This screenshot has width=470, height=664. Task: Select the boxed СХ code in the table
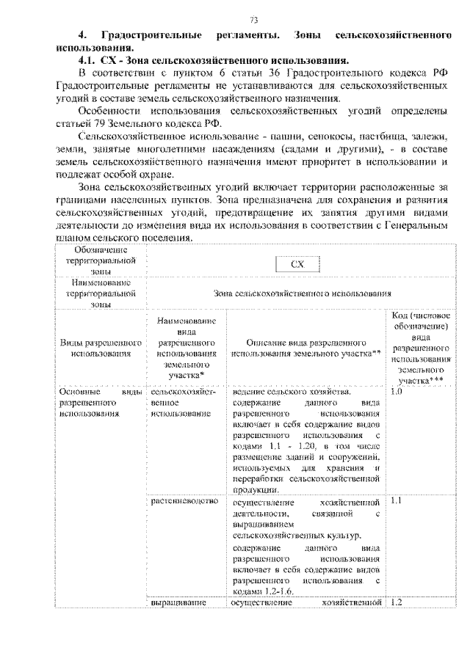pyautogui.click(x=297, y=264)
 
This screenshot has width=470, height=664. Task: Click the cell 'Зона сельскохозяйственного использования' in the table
pyautogui.click(x=302, y=293)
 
